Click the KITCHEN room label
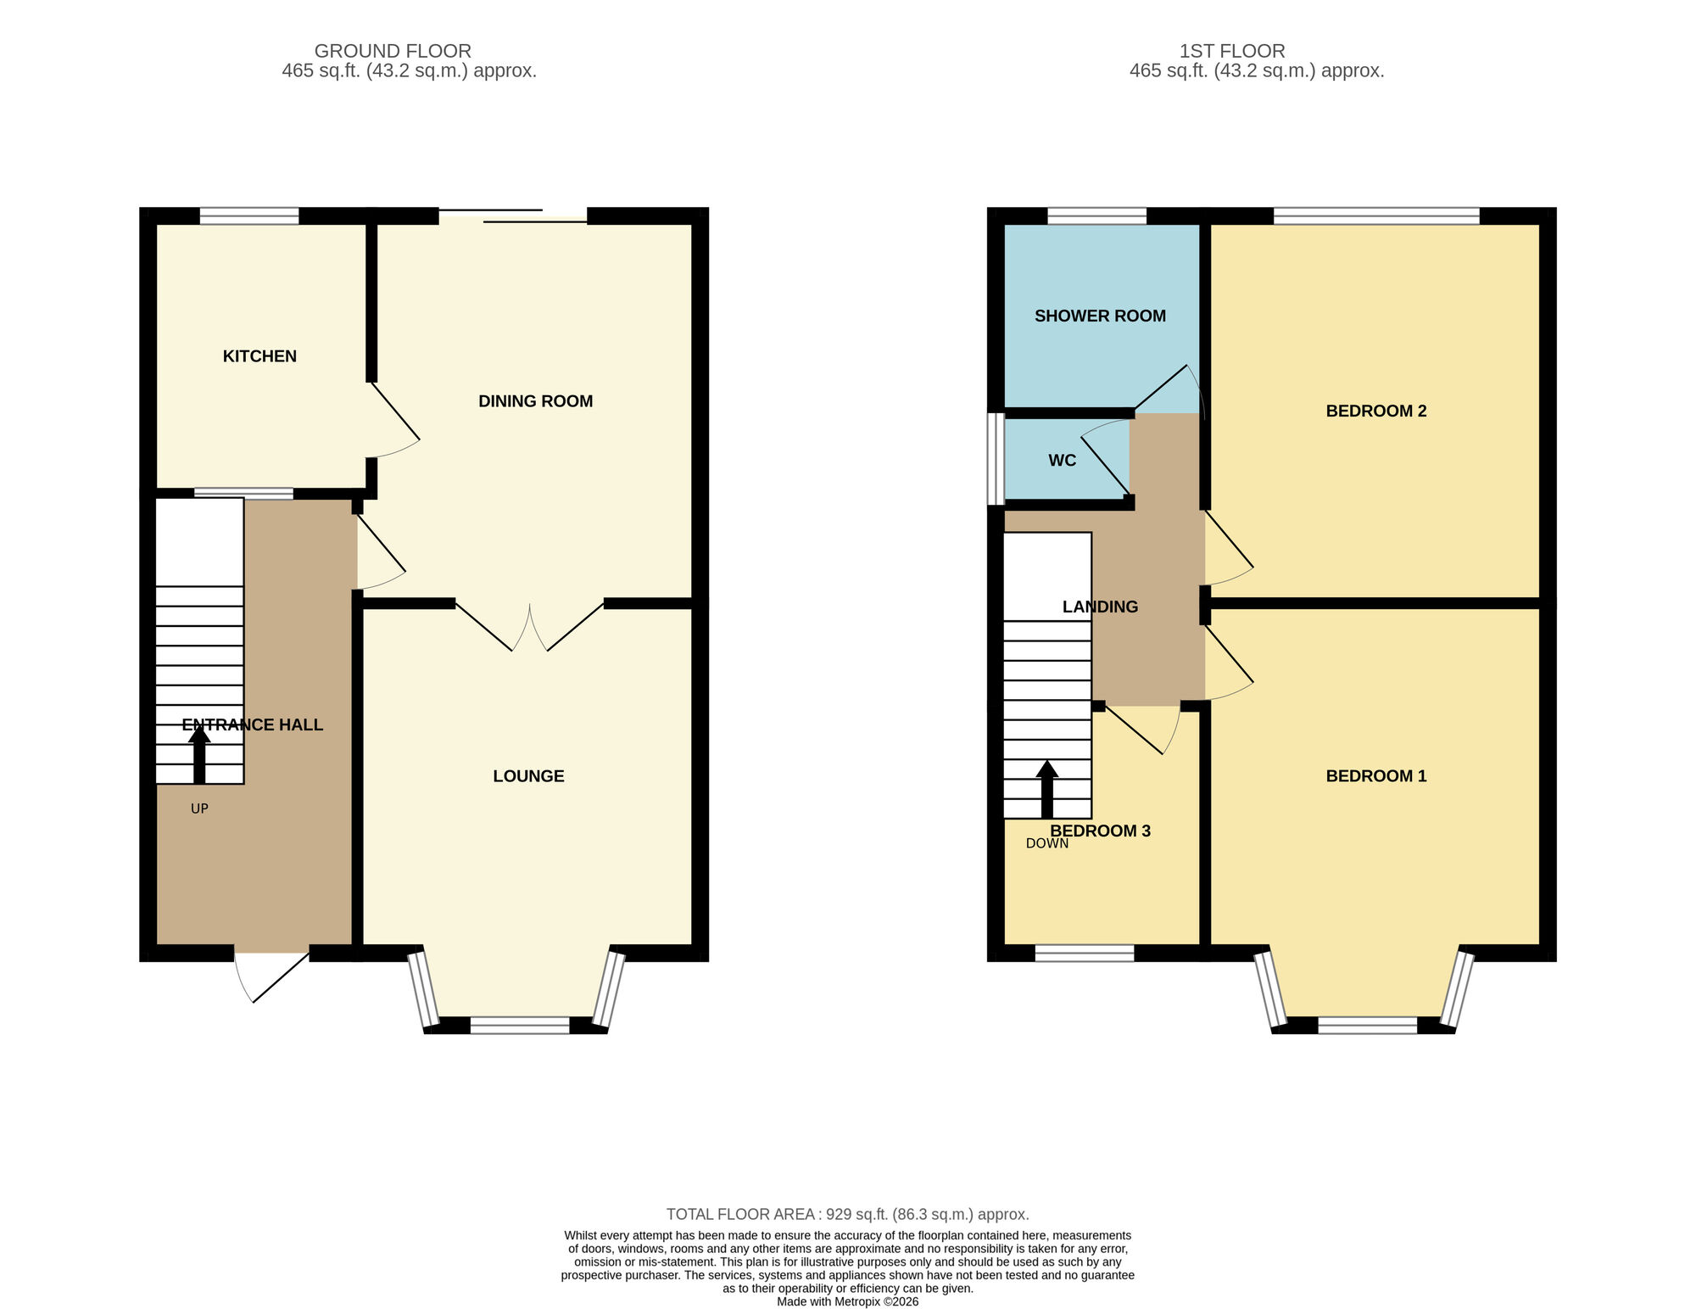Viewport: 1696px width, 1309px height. pos(259,356)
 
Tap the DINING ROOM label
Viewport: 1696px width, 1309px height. pos(535,401)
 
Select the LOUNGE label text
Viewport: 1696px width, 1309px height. pos(528,776)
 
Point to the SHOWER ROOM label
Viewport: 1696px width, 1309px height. pos(1100,316)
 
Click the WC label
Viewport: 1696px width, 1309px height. pos(1062,461)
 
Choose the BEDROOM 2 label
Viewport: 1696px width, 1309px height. pos(1375,411)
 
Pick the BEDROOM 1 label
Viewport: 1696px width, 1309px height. pos(1375,776)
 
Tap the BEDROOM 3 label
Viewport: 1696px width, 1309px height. pos(1100,831)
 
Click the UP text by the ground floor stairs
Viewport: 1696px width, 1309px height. pos(199,809)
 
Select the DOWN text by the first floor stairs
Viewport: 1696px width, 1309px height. pos(1046,844)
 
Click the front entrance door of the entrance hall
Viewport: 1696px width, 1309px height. pos(271,976)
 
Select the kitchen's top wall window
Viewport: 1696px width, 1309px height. pos(249,216)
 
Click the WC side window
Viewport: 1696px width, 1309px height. pos(996,459)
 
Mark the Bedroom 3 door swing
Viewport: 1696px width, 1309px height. pos(1141,731)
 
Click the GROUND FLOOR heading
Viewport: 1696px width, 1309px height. pos(393,51)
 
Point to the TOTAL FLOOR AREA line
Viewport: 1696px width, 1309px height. pos(847,1214)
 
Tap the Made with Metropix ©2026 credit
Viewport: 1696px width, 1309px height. pos(847,1301)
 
